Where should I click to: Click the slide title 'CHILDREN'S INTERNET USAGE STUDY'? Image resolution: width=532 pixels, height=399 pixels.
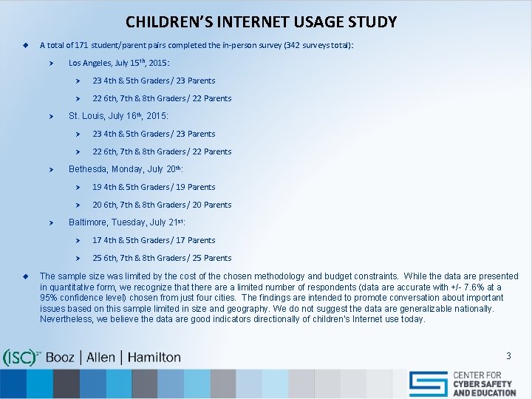click(261, 22)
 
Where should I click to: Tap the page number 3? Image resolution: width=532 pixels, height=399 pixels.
click(508, 356)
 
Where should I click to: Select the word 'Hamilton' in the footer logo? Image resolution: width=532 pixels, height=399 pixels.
click(154, 357)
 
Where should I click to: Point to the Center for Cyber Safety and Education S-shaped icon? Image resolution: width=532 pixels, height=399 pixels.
click(429, 383)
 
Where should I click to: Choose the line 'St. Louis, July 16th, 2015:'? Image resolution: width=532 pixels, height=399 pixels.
click(118, 116)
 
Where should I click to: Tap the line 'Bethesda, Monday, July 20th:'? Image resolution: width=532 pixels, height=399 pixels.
click(126, 169)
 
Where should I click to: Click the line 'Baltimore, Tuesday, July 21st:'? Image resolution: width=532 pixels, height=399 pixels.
click(127, 222)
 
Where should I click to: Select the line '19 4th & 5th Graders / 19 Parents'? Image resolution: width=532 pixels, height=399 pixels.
click(154, 187)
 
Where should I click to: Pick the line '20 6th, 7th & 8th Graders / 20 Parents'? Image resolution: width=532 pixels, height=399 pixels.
click(162, 205)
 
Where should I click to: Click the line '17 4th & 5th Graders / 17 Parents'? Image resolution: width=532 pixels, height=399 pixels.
click(154, 240)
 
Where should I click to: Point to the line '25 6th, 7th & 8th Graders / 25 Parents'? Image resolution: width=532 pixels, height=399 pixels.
click(162, 258)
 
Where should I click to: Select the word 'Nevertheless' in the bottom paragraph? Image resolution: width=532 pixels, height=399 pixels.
click(66, 319)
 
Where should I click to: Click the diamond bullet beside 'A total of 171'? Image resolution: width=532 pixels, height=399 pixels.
click(24, 45)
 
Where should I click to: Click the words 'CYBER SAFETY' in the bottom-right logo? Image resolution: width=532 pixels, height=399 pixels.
click(484, 384)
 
